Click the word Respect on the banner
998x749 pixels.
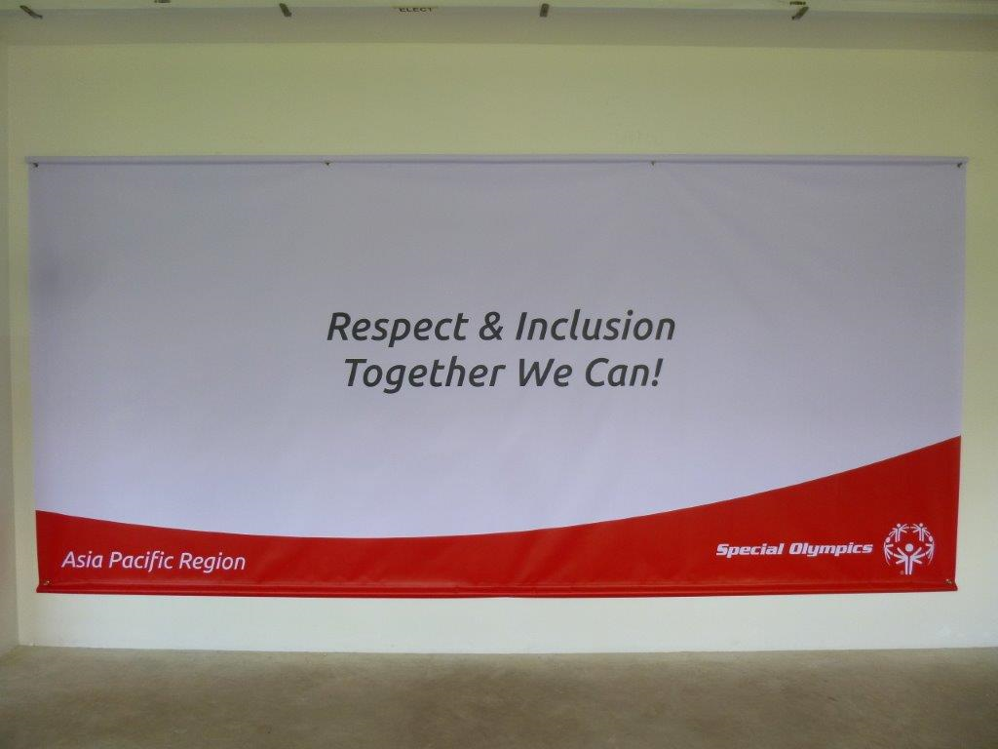tap(398, 329)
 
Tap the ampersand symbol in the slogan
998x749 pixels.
tap(491, 326)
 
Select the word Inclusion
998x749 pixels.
tap(595, 326)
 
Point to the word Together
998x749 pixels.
tap(425, 374)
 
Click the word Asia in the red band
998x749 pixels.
tap(83, 560)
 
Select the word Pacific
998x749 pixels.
tap(140, 560)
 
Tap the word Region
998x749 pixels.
tap(211, 562)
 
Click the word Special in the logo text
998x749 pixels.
tap(749, 550)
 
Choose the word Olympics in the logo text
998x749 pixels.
tap(830, 549)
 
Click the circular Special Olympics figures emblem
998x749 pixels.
tap(909, 548)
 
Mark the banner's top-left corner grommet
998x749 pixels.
tap(36, 165)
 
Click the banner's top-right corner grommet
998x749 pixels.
tap(959, 166)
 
